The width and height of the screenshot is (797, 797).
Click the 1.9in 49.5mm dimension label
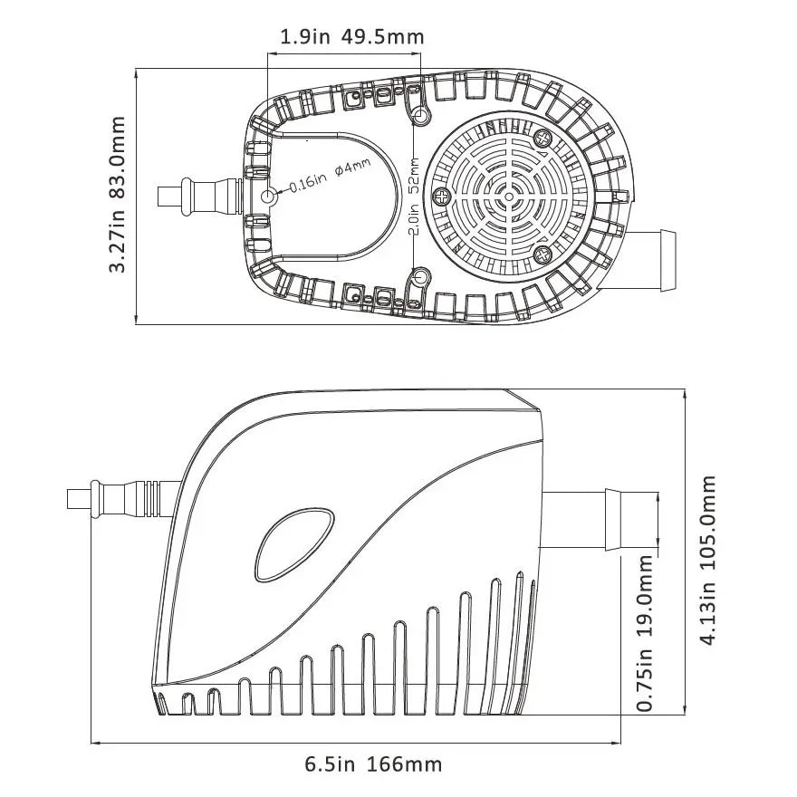(x=351, y=37)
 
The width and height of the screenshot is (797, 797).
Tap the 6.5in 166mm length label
(x=372, y=764)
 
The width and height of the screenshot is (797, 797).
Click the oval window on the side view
(x=293, y=544)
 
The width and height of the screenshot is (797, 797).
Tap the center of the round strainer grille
(x=508, y=196)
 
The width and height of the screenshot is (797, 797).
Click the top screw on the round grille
(x=543, y=138)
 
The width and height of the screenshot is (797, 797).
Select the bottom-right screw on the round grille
(x=543, y=254)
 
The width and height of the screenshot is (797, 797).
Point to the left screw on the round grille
(x=442, y=196)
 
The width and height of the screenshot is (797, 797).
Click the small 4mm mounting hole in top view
(x=269, y=197)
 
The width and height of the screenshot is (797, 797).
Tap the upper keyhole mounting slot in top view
(x=419, y=115)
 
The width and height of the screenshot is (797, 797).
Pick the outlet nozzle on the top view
(x=656, y=260)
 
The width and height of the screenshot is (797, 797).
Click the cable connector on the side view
(x=118, y=498)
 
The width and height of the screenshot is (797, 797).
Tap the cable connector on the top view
(x=199, y=196)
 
